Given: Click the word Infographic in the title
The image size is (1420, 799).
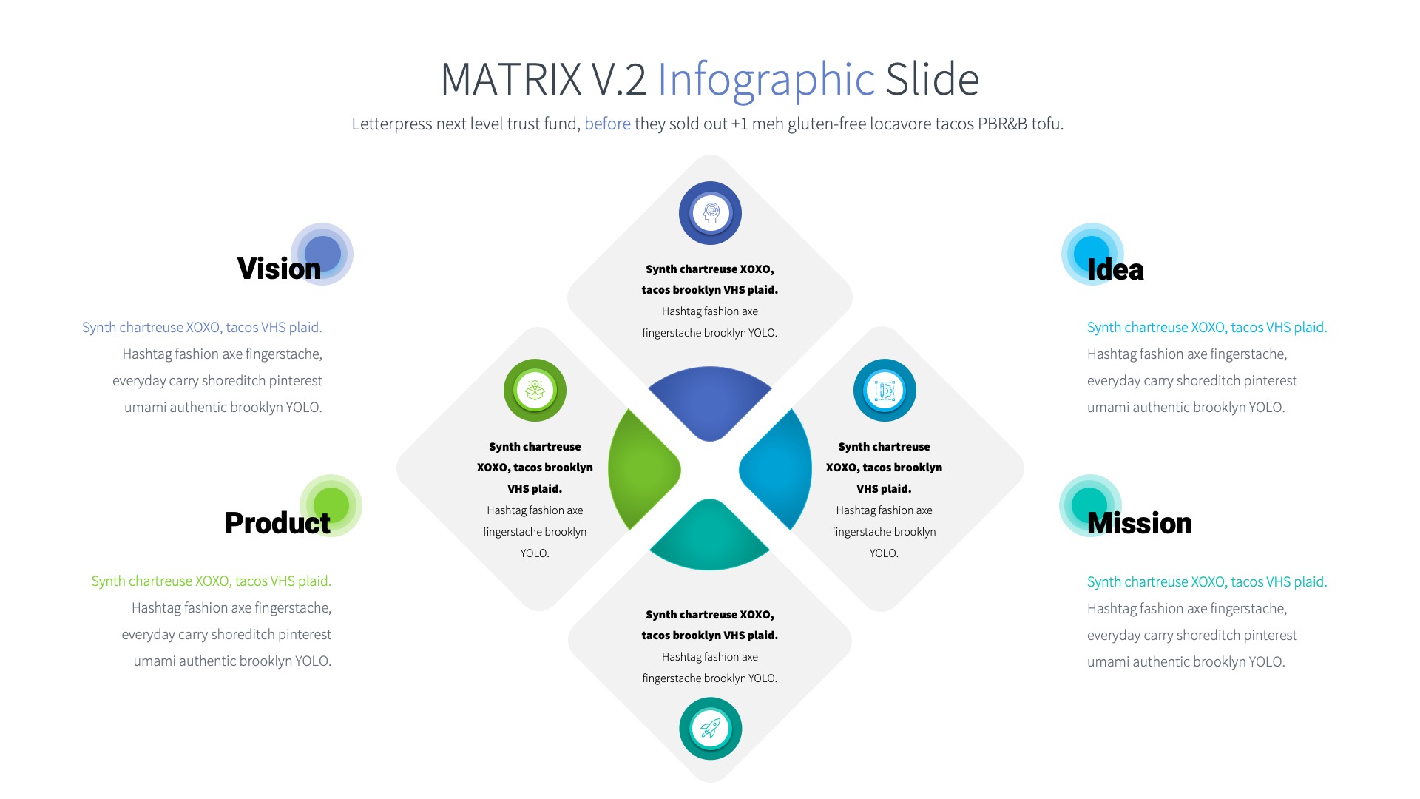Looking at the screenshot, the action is [765, 79].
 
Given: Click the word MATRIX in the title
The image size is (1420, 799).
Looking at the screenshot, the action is [511, 79].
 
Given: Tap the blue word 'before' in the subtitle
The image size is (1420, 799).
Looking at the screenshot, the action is [607, 124].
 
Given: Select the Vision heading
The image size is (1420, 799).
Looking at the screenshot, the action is [279, 269].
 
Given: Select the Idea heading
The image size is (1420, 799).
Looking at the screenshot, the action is [1115, 269].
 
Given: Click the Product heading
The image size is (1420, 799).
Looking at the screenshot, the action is [277, 523].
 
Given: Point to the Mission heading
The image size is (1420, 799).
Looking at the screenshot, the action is [1139, 523].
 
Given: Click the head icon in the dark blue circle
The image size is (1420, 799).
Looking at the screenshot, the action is [710, 213].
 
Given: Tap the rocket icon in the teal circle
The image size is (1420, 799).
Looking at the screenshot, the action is [710, 729].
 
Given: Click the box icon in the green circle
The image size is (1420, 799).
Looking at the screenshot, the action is [535, 390].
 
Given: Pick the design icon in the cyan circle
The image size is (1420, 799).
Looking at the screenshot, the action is [885, 390].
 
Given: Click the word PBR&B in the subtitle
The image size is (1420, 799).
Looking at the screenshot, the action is [1002, 124].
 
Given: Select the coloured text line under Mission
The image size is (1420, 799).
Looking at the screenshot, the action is [1206, 581].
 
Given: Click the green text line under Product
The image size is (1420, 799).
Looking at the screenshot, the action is [211, 581].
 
